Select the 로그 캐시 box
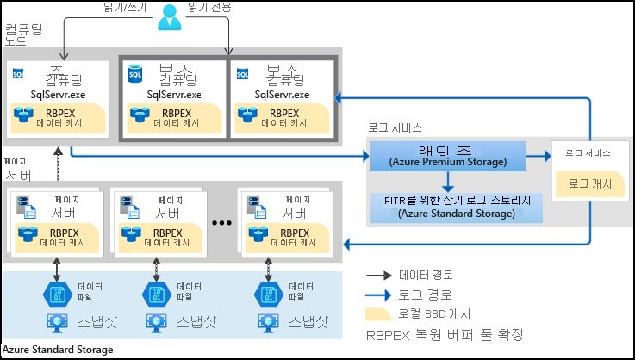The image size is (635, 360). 585,183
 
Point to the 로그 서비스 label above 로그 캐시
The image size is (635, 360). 588,152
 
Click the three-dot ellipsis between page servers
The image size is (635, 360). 222,222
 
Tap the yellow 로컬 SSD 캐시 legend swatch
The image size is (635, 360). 380,312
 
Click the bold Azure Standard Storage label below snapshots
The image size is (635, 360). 57,350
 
